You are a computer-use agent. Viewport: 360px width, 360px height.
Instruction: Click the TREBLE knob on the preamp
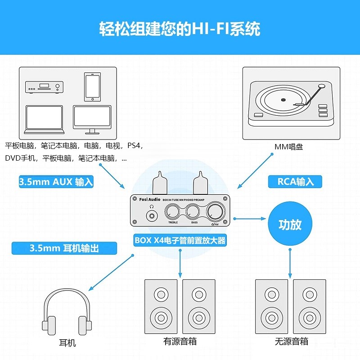pos(173,211)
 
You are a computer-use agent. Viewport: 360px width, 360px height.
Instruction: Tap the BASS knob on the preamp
pos(194,211)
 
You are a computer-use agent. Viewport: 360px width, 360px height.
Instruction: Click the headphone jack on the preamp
pos(152,215)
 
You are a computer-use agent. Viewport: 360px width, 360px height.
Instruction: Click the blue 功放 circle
pos(290,225)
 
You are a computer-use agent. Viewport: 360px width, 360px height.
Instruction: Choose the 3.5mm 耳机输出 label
pos(64,248)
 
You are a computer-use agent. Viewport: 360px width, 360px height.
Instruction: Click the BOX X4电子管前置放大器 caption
pos(180,240)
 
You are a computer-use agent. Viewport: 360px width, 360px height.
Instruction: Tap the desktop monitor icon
pos(93,119)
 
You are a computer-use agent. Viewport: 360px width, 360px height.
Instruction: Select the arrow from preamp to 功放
pos(250,219)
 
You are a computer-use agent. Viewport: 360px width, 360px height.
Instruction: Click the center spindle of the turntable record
pos(283,99)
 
